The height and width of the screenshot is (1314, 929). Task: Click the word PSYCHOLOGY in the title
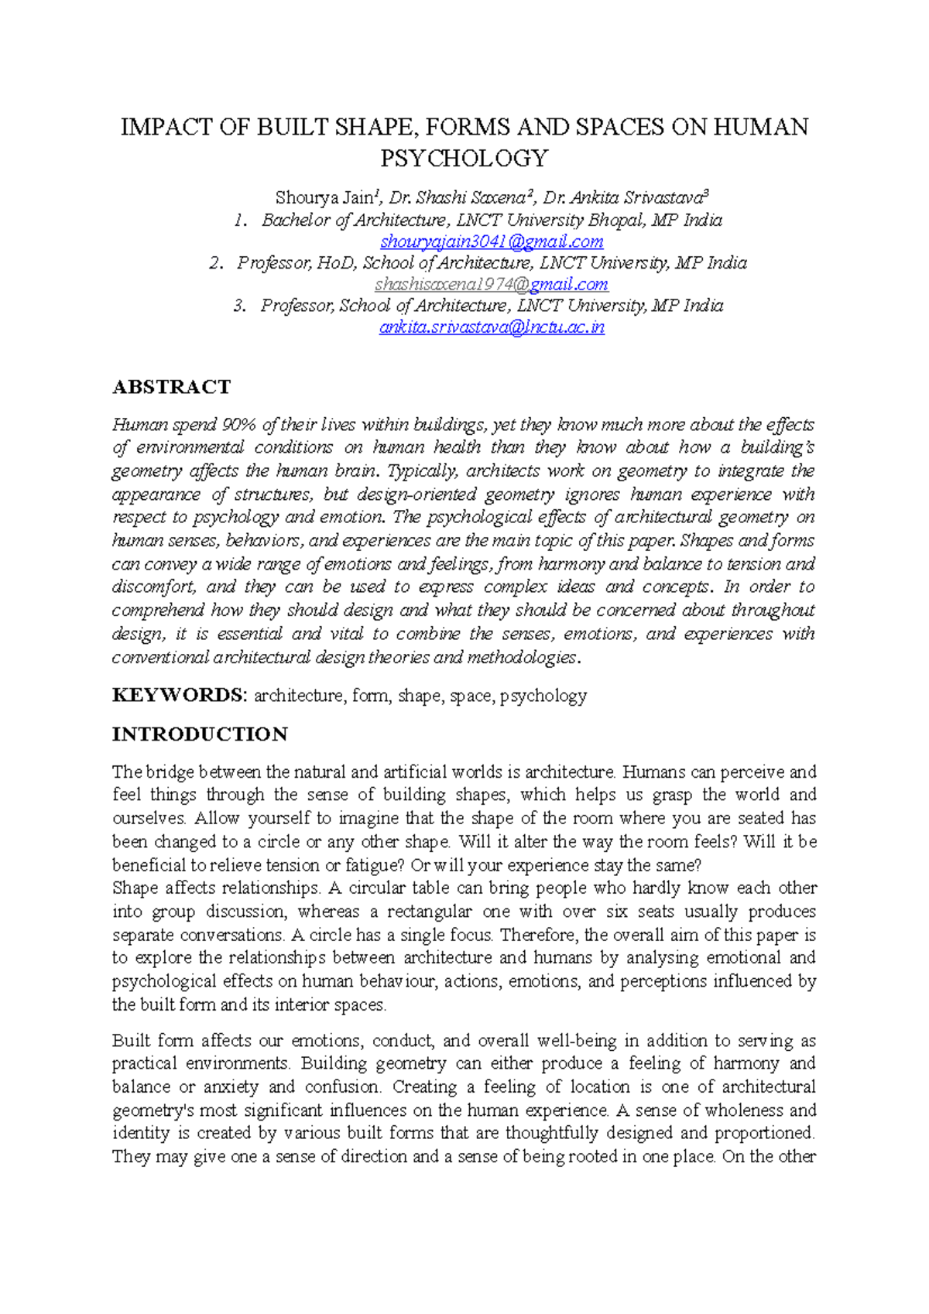[x=464, y=159]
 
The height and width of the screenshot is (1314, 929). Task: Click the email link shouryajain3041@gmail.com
[x=492, y=241]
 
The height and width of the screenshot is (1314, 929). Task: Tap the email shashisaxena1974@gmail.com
[x=492, y=284]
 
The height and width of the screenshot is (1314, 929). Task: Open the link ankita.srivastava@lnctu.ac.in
[x=492, y=327]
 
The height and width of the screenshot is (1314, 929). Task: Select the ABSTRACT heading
[x=171, y=387]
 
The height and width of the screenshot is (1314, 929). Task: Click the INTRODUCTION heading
[x=200, y=734]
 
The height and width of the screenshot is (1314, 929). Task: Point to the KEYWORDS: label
[x=179, y=695]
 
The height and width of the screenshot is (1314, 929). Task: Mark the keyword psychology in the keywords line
[x=543, y=696]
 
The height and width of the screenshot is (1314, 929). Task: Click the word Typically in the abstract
[x=422, y=471]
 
